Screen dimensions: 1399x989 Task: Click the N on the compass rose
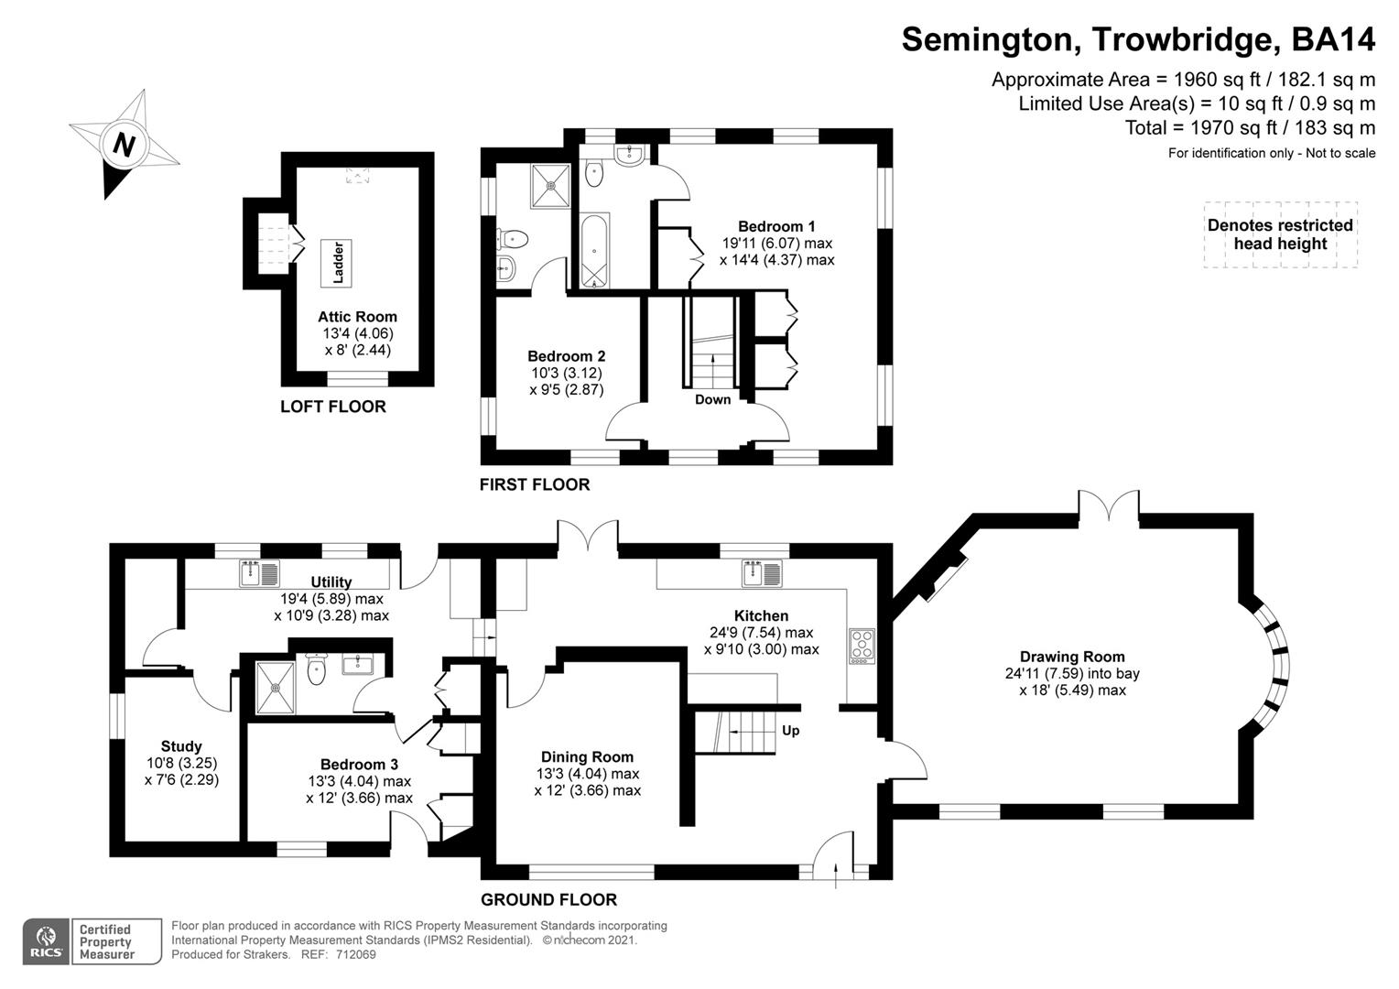(x=124, y=145)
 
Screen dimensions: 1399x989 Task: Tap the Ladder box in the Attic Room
(x=336, y=261)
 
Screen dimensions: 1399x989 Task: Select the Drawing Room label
(x=1072, y=657)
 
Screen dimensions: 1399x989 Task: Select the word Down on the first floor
(x=712, y=399)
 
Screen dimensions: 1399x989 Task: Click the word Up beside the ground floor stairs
(x=790, y=731)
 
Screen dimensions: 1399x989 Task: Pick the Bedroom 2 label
(x=566, y=356)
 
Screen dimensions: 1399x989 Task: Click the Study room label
(x=181, y=746)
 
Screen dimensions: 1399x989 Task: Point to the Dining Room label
(x=587, y=756)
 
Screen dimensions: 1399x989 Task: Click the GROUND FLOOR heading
(x=548, y=899)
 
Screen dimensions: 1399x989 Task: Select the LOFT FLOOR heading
(x=332, y=407)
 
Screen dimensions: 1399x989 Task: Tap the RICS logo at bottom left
(x=46, y=941)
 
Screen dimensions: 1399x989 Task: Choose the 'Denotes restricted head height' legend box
(x=1280, y=234)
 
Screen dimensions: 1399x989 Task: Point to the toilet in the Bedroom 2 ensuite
(x=513, y=239)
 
